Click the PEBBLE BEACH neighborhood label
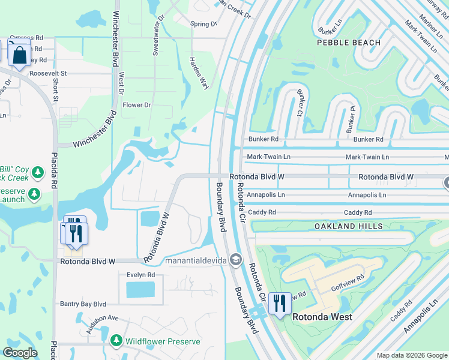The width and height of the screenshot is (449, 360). [349, 43]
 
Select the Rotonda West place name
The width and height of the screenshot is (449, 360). [323, 316]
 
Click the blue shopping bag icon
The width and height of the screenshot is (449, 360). [20, 55]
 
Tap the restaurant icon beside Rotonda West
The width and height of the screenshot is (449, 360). [279, 304]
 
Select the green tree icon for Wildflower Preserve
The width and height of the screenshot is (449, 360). [116, 341]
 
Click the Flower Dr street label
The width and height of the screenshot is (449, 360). [137, 105]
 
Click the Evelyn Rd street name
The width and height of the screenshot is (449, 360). [140, 275]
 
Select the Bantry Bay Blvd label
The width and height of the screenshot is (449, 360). [83, 304]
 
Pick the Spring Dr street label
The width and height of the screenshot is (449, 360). [203, 24]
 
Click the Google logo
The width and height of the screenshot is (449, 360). [20, 353]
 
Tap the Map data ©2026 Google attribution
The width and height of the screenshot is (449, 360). [411, 355]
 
